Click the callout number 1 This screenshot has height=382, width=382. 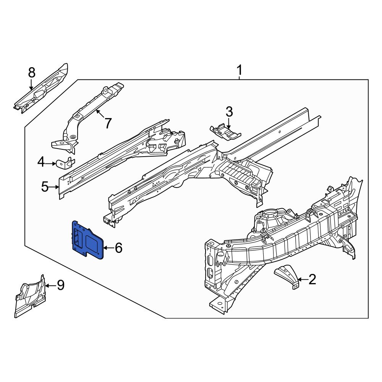tap(239, 70)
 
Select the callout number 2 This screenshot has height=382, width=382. tap(312, 280)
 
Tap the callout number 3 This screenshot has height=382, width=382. tap(229, 112)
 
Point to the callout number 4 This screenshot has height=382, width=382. tap(41, 163)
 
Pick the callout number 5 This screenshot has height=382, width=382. tap(45, 187)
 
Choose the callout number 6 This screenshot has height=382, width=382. tap(118, 248)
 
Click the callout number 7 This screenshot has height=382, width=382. tap(108, 123)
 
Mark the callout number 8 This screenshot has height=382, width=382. tap(32, 72)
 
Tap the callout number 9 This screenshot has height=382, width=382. tap(60, 285)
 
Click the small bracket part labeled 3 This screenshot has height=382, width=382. tap(225, 132)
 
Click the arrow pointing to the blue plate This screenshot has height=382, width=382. tap(108, 248)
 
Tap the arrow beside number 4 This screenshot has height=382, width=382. tap(51, 163)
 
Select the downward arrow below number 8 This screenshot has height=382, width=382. tap(32, 85)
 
